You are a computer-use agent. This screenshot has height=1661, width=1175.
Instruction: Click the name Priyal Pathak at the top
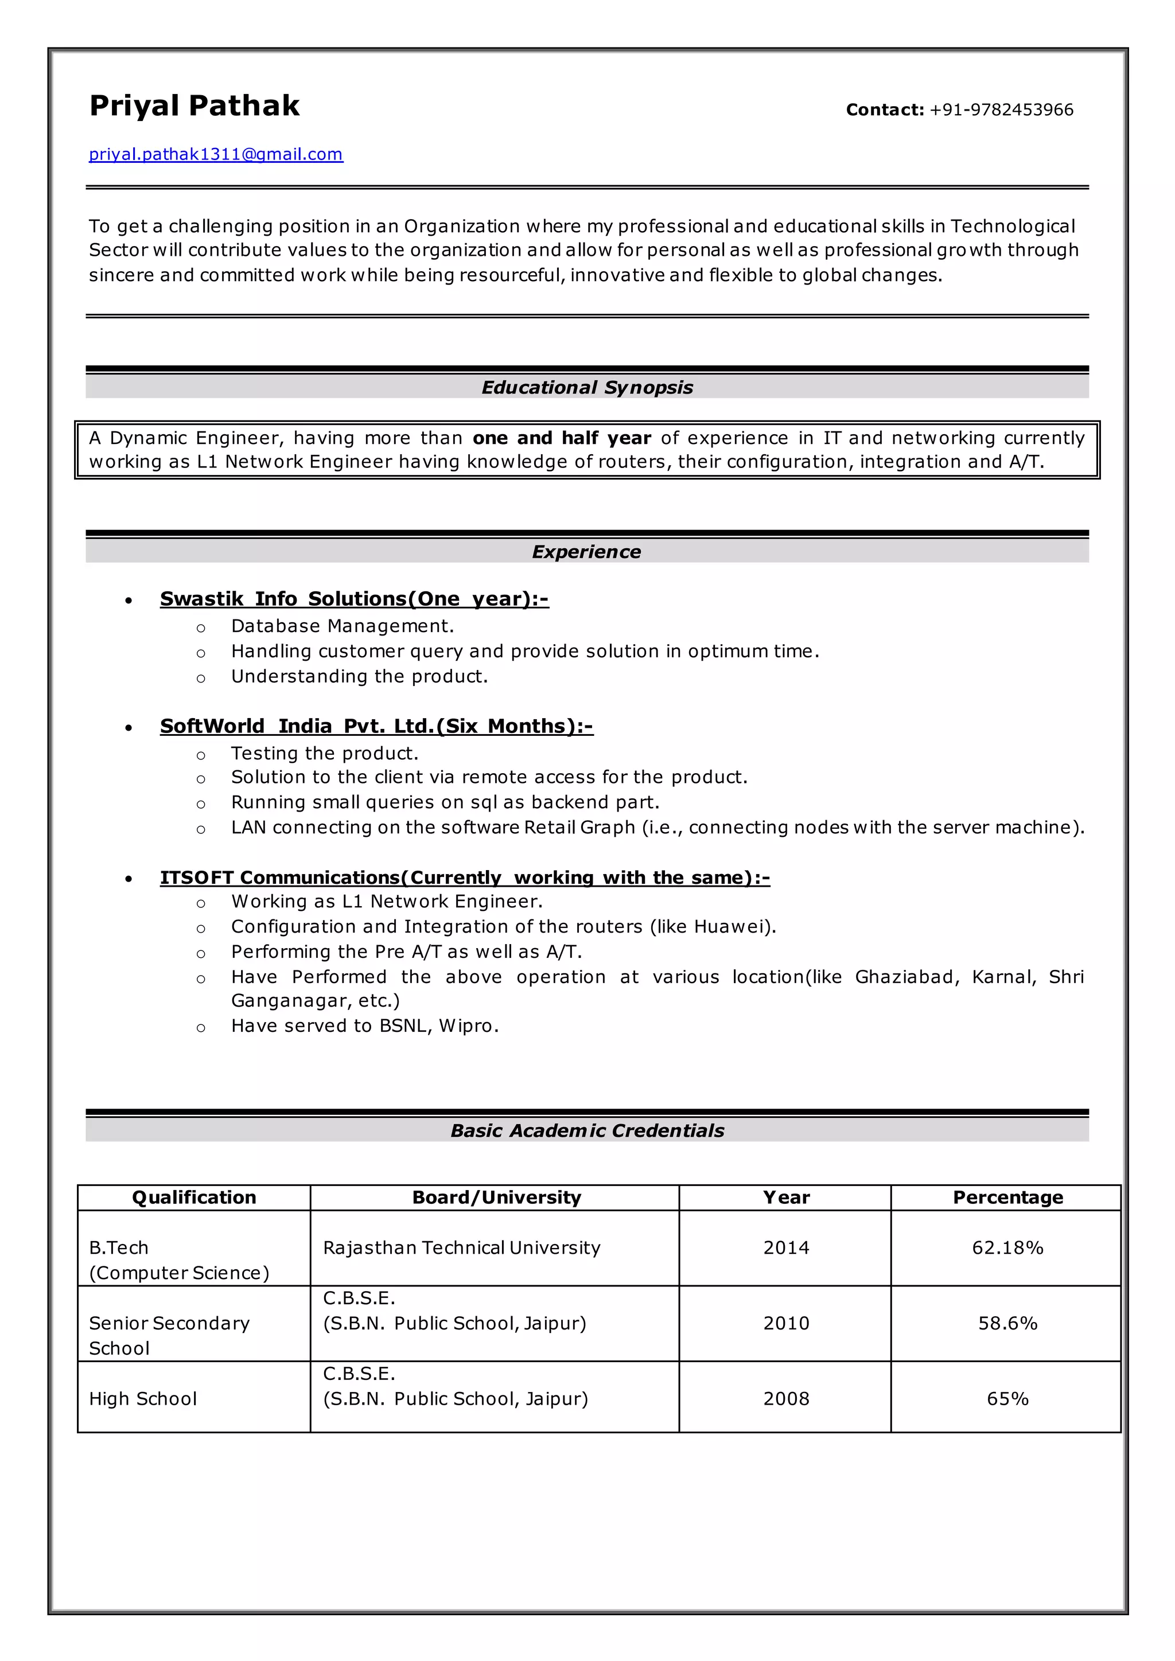tap(194, 106)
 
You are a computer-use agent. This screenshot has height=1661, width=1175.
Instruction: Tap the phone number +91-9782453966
tap(1001, 110)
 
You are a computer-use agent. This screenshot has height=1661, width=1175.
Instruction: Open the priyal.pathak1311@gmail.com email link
tap(216, 154)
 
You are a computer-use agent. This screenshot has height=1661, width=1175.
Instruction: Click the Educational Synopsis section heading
tap(587, 388)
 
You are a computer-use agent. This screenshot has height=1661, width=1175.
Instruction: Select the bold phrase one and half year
tap(562, 438)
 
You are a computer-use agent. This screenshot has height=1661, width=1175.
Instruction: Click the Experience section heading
tap(586, 552)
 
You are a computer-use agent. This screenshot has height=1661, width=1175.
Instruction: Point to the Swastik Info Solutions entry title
tap(354, 599)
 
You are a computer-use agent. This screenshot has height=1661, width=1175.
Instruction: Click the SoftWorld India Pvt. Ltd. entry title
tap(376, 726)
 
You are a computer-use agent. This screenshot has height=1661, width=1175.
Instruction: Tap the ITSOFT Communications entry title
tap(465, 878)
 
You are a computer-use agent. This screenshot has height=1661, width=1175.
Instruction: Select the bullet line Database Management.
tap(342, 626)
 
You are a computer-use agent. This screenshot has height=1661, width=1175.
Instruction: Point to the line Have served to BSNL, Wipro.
tap(365, 1026)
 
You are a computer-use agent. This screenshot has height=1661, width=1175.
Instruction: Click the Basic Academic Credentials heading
tap(587, 1130)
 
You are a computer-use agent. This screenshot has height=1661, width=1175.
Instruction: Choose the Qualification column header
tap(194, 1197)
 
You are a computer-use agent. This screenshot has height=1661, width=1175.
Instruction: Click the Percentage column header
tap(1007, 1197)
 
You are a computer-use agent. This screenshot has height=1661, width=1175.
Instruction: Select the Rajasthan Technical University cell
tap(462, 1248)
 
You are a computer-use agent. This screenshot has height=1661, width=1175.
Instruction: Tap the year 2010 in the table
tap(786, 1323)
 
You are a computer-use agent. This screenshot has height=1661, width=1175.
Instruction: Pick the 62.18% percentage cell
tap(1007, 1248)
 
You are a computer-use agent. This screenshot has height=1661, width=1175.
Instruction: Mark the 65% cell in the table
tap(1007, 1398)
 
